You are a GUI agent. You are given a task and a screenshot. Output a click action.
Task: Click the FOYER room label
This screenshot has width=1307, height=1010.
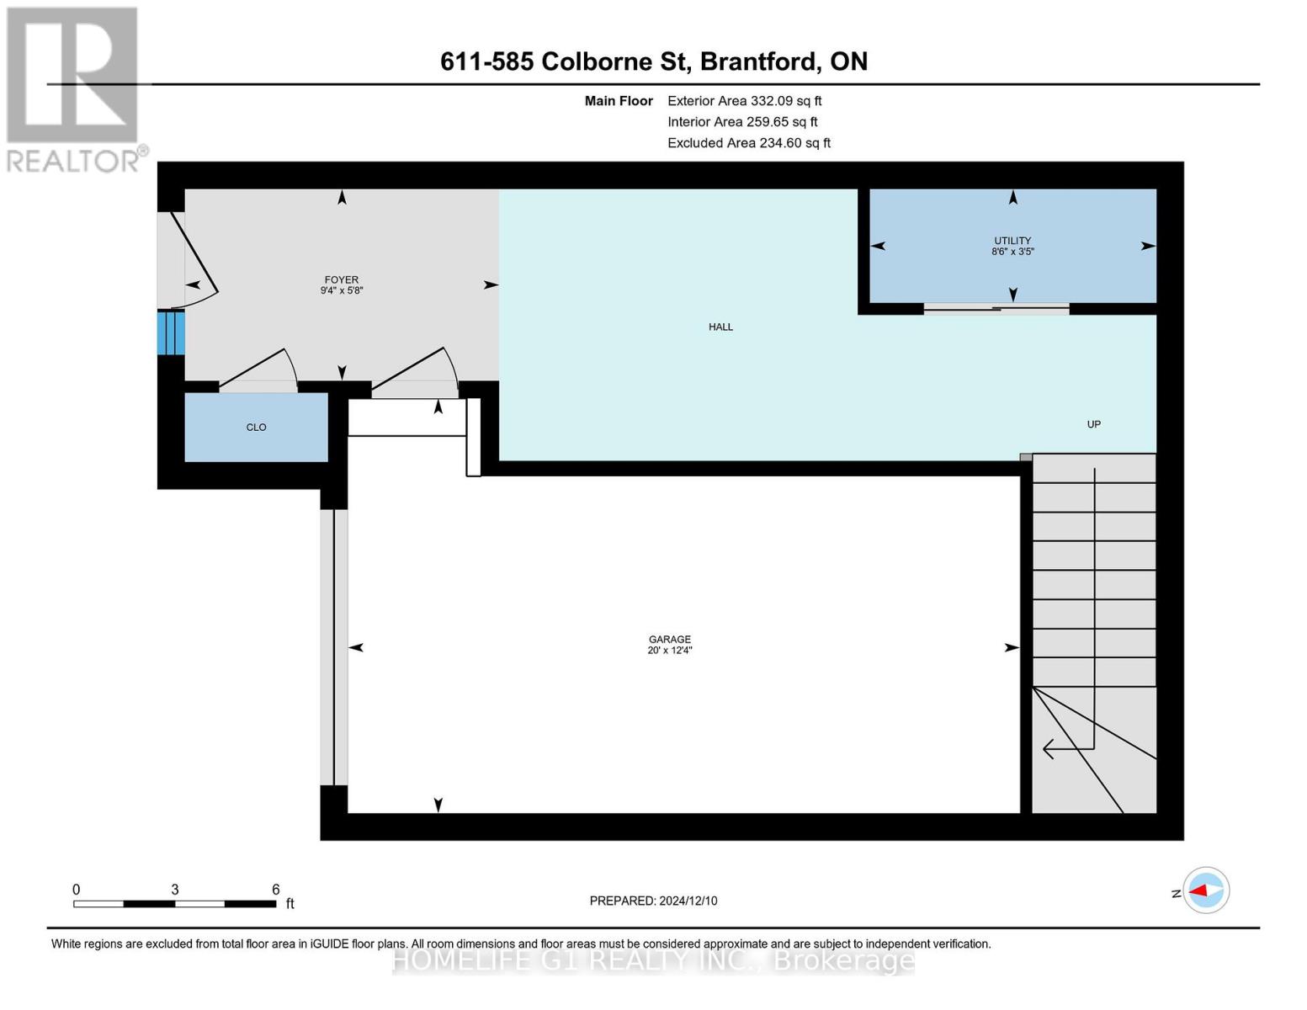[x=341, y=279]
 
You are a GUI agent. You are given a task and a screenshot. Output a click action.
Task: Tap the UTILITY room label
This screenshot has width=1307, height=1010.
[x=1012, y=241]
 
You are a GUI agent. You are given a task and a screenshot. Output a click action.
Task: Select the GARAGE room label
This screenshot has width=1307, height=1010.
[x=669, y=640]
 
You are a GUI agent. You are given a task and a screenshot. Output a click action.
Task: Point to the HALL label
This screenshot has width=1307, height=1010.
[x=720, y=327]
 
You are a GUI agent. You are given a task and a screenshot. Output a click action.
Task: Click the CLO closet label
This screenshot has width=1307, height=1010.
[x=256, y=427]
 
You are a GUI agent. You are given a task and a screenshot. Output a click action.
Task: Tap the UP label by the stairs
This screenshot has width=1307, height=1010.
[x=1093, y=424]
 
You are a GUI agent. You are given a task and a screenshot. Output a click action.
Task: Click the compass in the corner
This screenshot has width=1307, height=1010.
[x=1205, y=890]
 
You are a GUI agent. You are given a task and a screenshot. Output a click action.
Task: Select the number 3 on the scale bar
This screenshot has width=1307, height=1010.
[x=174, y=889]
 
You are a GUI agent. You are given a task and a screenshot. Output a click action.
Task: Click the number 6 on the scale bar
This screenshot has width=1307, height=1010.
[x=275, y=889]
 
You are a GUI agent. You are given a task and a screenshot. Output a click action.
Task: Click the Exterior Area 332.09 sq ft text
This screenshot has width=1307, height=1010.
[x=744, y=101]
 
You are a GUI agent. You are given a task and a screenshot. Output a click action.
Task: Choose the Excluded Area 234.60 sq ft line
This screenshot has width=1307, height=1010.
[x=749, y=143]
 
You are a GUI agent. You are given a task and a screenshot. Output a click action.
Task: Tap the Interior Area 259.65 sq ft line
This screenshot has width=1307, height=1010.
[x=742, y=122]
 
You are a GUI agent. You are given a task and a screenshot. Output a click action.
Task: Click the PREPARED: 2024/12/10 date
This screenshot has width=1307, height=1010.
[x=653, y=901]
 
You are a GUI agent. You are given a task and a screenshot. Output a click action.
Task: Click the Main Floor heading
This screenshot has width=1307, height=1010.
[x=619, y=101]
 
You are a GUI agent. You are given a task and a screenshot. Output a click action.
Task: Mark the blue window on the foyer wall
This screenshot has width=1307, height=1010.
[x=171, y=332]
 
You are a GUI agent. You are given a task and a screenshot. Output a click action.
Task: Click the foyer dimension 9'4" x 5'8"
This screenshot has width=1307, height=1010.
[x=341, y=290]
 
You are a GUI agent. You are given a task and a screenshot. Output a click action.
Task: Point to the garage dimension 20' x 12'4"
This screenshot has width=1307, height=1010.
[x=669, y=651]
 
